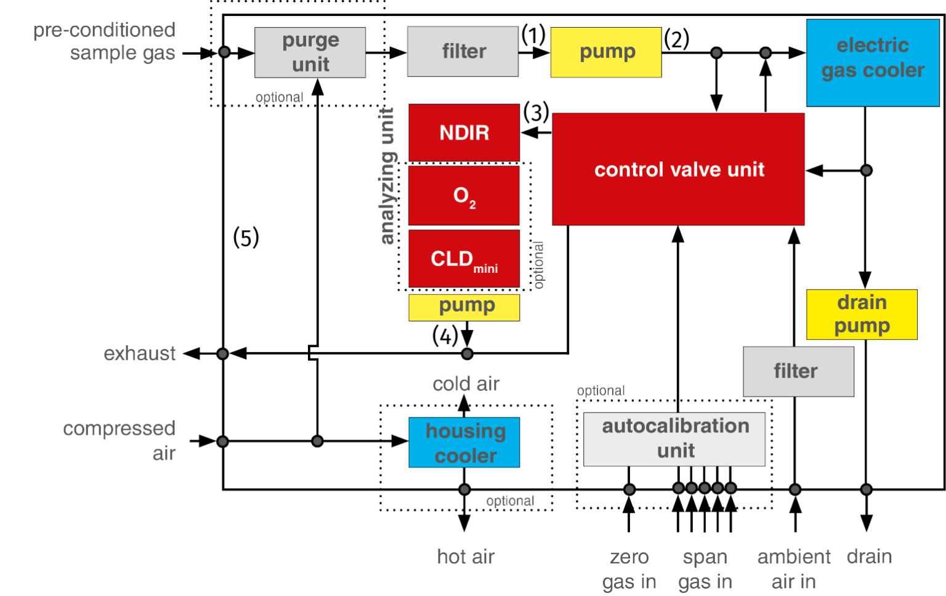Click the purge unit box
[x=310, y=52]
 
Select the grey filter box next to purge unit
[x=463, y=51]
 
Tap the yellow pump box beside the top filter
[x=605, y=52]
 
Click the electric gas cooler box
[x=873, y=62]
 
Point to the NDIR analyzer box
[x=464, y=132]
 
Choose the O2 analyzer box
[x=464, y=196]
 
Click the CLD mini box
[x=464, y=259]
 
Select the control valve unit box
[x=679, y=169]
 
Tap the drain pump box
[x=862, y=314]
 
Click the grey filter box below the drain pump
[x=798, y=371]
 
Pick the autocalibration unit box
[x=675, y=438]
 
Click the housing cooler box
[x=464, y=443]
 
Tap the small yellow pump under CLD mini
[x=464, y=307]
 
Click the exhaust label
[x=140, y=353]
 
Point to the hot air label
[x=466, y=557]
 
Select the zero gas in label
[x=629, y=570]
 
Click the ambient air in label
[x=794, y=570]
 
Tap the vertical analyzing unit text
[x=387, y=175]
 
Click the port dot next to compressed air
[x=223, y=441]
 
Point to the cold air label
[x=466, y=384]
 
